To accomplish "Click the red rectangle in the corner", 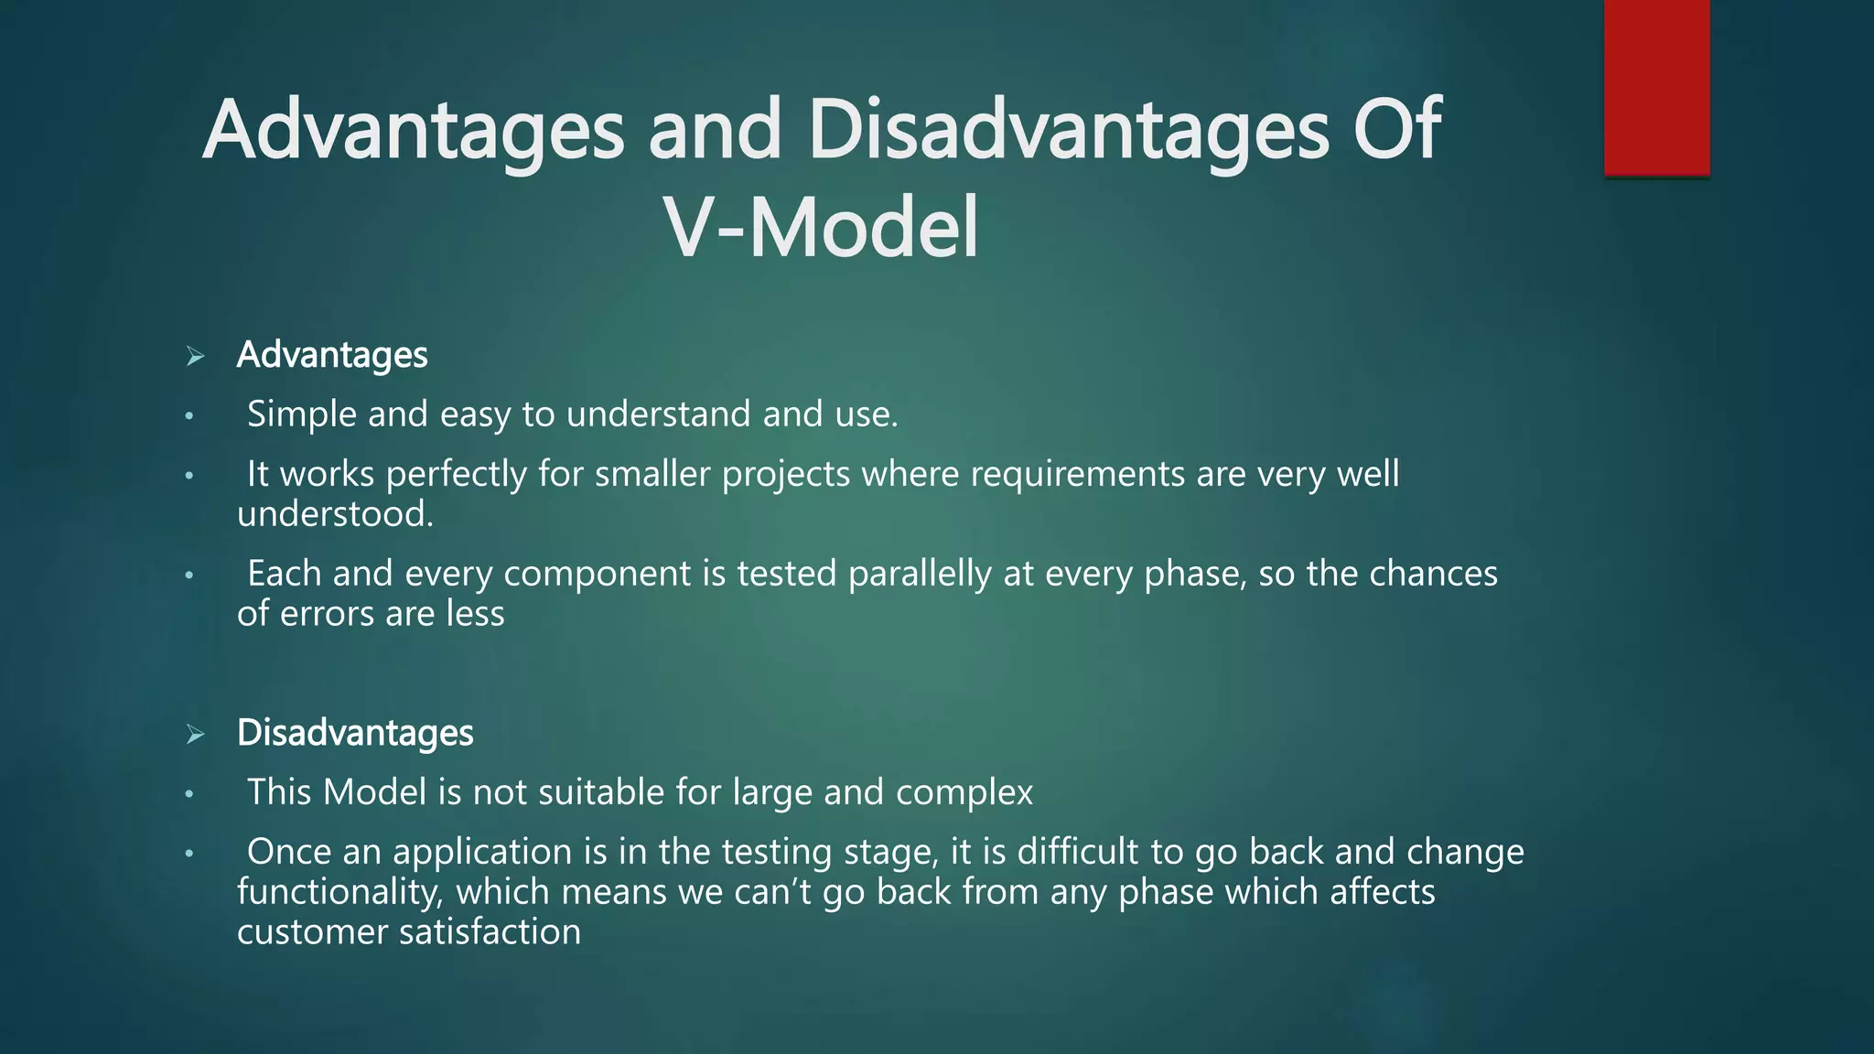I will (1656, 88).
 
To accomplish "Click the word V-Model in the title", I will (821, 228).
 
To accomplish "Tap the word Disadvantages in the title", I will (1068, 130).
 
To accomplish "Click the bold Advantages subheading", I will (332, 355).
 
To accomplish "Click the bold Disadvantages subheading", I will (355, 733).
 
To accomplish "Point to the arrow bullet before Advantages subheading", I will (195, 356).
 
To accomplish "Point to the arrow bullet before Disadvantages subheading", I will (195, 734).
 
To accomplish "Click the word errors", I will (327, 614).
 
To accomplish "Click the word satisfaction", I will (490, 932).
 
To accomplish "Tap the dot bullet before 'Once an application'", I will (188, 854).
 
